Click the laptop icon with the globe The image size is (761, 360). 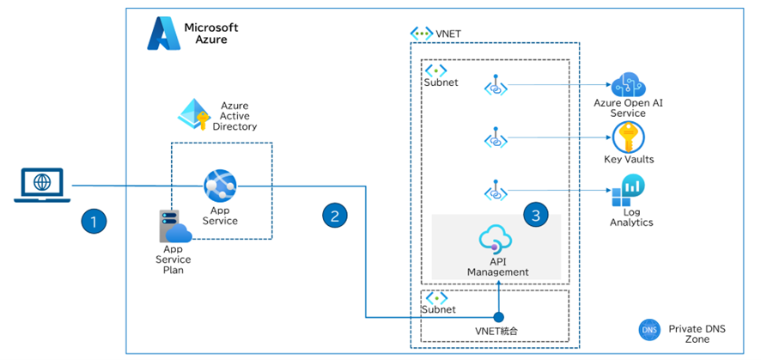[x=40, y=186]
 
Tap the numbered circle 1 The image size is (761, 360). [x=94, y=222]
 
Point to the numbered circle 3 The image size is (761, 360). [x=536, y=216]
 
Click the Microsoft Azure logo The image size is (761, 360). [x=161, y=34]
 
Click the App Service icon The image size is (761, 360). [x=220, y=185]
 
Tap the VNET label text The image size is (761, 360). [x=447, y=34]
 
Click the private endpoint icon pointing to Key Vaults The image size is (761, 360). [x=496, y=137]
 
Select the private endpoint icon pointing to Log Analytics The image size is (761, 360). [x=496, y=189]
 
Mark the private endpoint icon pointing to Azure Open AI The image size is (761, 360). [x=496, y=85]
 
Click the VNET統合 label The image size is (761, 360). [x=498, y=330]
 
